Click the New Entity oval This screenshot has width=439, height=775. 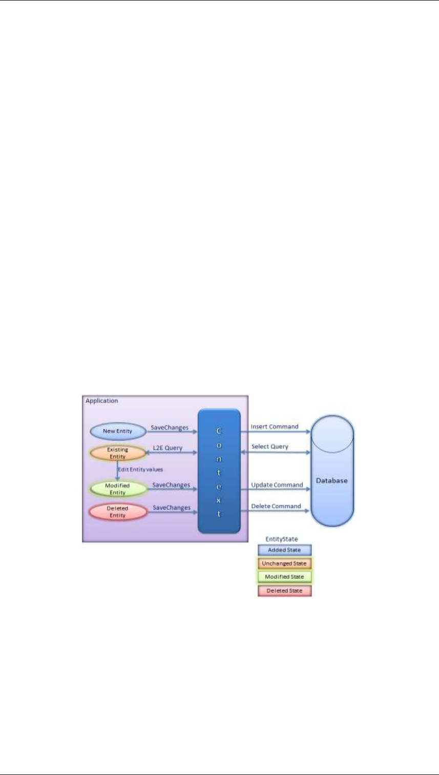click(117, 431)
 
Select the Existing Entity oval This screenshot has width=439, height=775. click(117, 453)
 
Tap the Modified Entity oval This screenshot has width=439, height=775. click(117, 488)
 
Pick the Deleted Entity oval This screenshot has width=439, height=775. click(117, 512)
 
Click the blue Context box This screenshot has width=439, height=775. click(219, 471)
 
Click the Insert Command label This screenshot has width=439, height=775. click(275, 426)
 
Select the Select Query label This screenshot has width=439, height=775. click(270, 446)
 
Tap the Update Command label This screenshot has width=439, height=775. click(277, 485)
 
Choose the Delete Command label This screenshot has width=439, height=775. click(276, 506)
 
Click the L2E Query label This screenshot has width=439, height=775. click(168, 448)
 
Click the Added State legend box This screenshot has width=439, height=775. click(284, 550)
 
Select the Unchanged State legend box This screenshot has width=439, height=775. click(284, 563)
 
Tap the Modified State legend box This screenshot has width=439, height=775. click(284, 577)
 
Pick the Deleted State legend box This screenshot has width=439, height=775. click(284, 590)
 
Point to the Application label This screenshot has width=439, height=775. click(102, 400)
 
